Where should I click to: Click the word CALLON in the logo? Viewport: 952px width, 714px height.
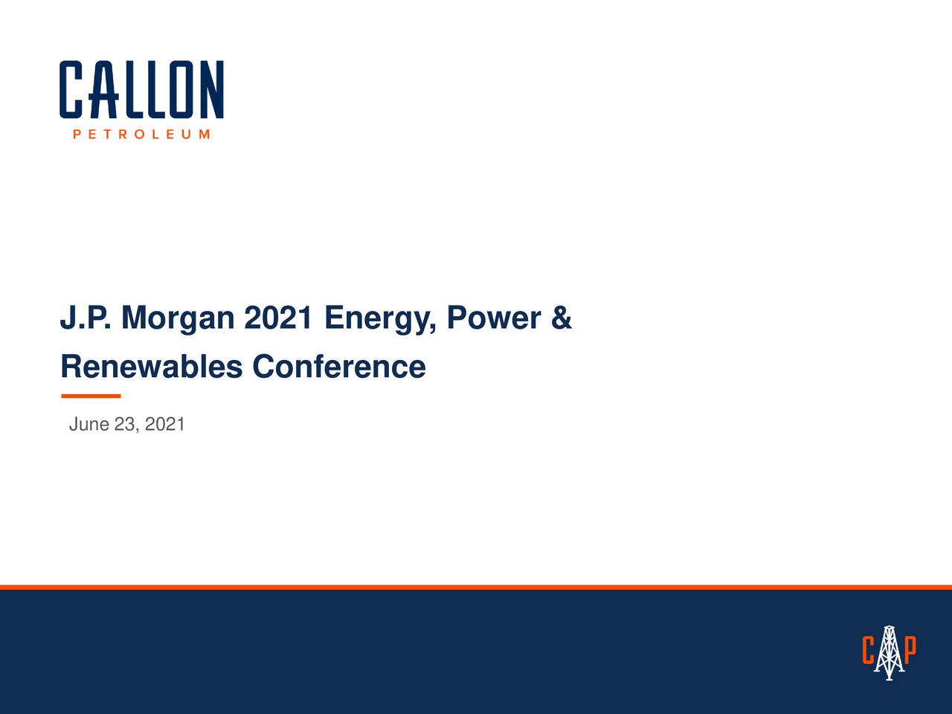141,89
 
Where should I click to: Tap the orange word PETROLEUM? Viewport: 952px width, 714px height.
141,135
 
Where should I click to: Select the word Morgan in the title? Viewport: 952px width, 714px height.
177,318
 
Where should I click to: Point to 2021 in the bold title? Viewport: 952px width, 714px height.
278,318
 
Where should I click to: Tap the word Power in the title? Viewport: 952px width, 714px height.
493,318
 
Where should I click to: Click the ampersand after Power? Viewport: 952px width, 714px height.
562,318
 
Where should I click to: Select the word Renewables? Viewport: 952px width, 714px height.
151,367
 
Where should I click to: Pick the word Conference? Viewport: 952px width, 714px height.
338,367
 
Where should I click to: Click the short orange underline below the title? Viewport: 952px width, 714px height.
90,396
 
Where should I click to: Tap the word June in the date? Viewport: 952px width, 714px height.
89,425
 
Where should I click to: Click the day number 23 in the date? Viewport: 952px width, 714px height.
126,425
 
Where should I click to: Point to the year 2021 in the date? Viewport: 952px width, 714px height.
165,425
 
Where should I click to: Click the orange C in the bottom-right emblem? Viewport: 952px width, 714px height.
868,651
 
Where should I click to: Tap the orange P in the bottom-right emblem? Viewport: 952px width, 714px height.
910,649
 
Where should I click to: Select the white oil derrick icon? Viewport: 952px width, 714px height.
889,652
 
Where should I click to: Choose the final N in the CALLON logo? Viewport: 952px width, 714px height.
212,89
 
